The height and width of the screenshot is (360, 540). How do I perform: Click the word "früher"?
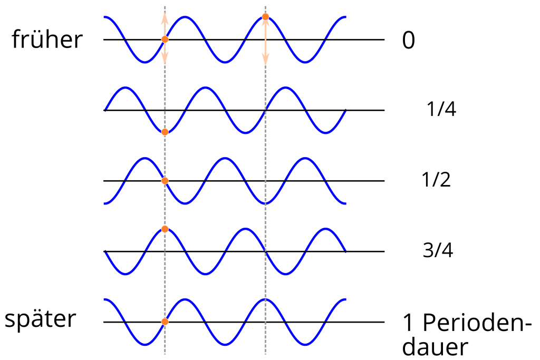tap(47, 39)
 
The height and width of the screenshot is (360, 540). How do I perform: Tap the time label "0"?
tap(409, 40)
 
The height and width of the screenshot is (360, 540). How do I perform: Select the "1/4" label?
tap(441, 109)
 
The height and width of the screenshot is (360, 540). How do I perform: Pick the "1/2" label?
tap(436, 179)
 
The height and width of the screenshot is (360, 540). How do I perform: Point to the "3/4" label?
tap(438, 250)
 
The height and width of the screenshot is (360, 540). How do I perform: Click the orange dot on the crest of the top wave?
tap(265, 16)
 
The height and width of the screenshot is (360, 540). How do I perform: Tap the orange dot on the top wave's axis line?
tap(165, 39)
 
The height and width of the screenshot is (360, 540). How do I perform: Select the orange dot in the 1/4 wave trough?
tap(165, 132)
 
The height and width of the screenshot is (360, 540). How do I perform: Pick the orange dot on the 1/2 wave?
tap(165, 181)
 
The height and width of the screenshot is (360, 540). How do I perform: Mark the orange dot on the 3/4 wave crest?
tap(165, 229)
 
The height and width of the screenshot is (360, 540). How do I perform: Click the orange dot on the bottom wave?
tap(165, 322)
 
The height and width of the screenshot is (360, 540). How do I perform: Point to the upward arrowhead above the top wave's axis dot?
tap(165, 18)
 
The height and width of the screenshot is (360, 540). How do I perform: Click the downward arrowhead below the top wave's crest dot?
tap(265, 59)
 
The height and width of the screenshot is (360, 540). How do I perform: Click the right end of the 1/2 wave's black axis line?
tap(384, 181)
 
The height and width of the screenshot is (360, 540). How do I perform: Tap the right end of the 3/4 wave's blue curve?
tap(345, 251)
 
